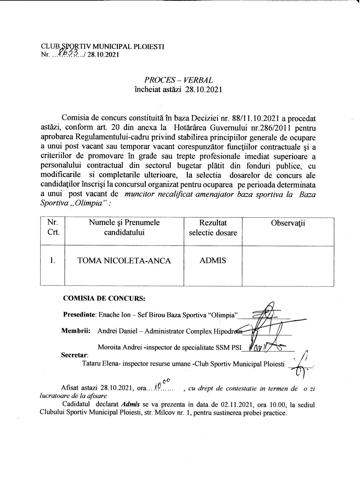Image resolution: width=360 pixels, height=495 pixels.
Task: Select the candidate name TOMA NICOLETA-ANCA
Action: click(x=124, y=261)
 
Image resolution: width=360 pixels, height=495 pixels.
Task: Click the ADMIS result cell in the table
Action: click(x=213, y=260)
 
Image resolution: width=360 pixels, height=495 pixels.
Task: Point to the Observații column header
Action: click(x=288, y=223)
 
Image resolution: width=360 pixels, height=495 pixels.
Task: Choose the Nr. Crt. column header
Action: click(x=53, y=228)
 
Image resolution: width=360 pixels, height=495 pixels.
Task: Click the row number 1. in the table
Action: click(x=52, y=261)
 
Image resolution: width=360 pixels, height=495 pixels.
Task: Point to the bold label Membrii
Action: click(x=76, y=331)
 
